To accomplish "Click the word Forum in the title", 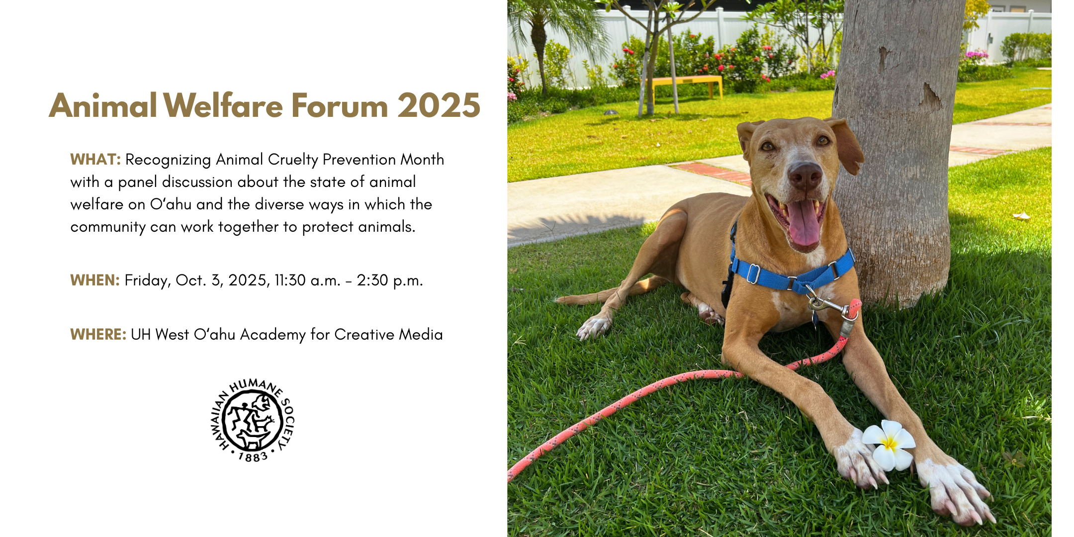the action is [339, 105].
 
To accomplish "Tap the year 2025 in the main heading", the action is [439, 105].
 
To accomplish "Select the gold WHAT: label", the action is [95, 160].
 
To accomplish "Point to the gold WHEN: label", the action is [95, 280].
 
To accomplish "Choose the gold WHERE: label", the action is [98, 335].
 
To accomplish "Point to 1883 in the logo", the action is [253, 456].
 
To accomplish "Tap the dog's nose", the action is [805, 175].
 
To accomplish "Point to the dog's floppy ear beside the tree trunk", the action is [846, 146].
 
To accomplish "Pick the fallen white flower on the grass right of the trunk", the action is [1021, 216].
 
